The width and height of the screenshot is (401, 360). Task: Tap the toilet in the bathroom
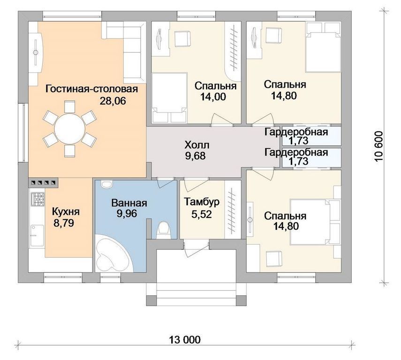coord(163,229)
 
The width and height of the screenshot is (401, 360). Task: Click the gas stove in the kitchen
coord(38,199)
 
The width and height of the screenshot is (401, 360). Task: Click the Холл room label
coord(197,145)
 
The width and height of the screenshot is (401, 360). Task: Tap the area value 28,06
coord(113,101)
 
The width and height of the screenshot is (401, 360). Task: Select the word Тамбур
coord(202,202)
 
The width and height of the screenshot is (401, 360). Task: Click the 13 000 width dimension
coord(185,340)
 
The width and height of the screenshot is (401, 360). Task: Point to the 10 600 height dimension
coord(379,146)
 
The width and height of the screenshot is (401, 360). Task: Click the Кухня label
coord(66,212)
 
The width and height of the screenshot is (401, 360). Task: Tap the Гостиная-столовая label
coord(91,89)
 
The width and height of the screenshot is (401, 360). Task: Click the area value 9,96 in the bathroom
coord(127,213)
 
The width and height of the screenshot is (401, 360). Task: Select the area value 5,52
coord(202,215)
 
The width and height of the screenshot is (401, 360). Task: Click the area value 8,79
coord(64,223)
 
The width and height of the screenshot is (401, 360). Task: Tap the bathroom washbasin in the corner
coord(106,184)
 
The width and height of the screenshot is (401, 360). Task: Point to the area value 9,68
coord(196,156)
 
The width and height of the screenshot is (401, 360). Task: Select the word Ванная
coord(129,203)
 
